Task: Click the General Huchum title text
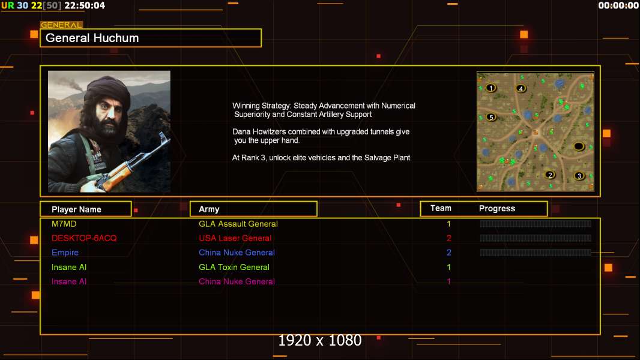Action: coord(92,38)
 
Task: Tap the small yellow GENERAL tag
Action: coord(62,25)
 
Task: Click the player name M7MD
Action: coord(64,224)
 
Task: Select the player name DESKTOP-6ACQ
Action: coord(84,238)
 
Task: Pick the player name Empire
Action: coord(65,253)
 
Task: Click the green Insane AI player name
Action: coord(69,267)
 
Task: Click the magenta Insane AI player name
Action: coord(69,281)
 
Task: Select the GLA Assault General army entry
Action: coord(238,224)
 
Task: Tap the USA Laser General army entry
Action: coord(235,238)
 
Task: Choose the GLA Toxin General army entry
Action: coord(234,267)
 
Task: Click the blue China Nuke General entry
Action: coord(237,253)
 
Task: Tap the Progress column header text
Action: coord(497,208)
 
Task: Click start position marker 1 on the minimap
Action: coord(491,88)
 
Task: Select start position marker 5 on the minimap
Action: coord(492,117)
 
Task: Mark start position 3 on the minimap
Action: coord(579,176)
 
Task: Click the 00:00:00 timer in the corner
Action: coord(618,5)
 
